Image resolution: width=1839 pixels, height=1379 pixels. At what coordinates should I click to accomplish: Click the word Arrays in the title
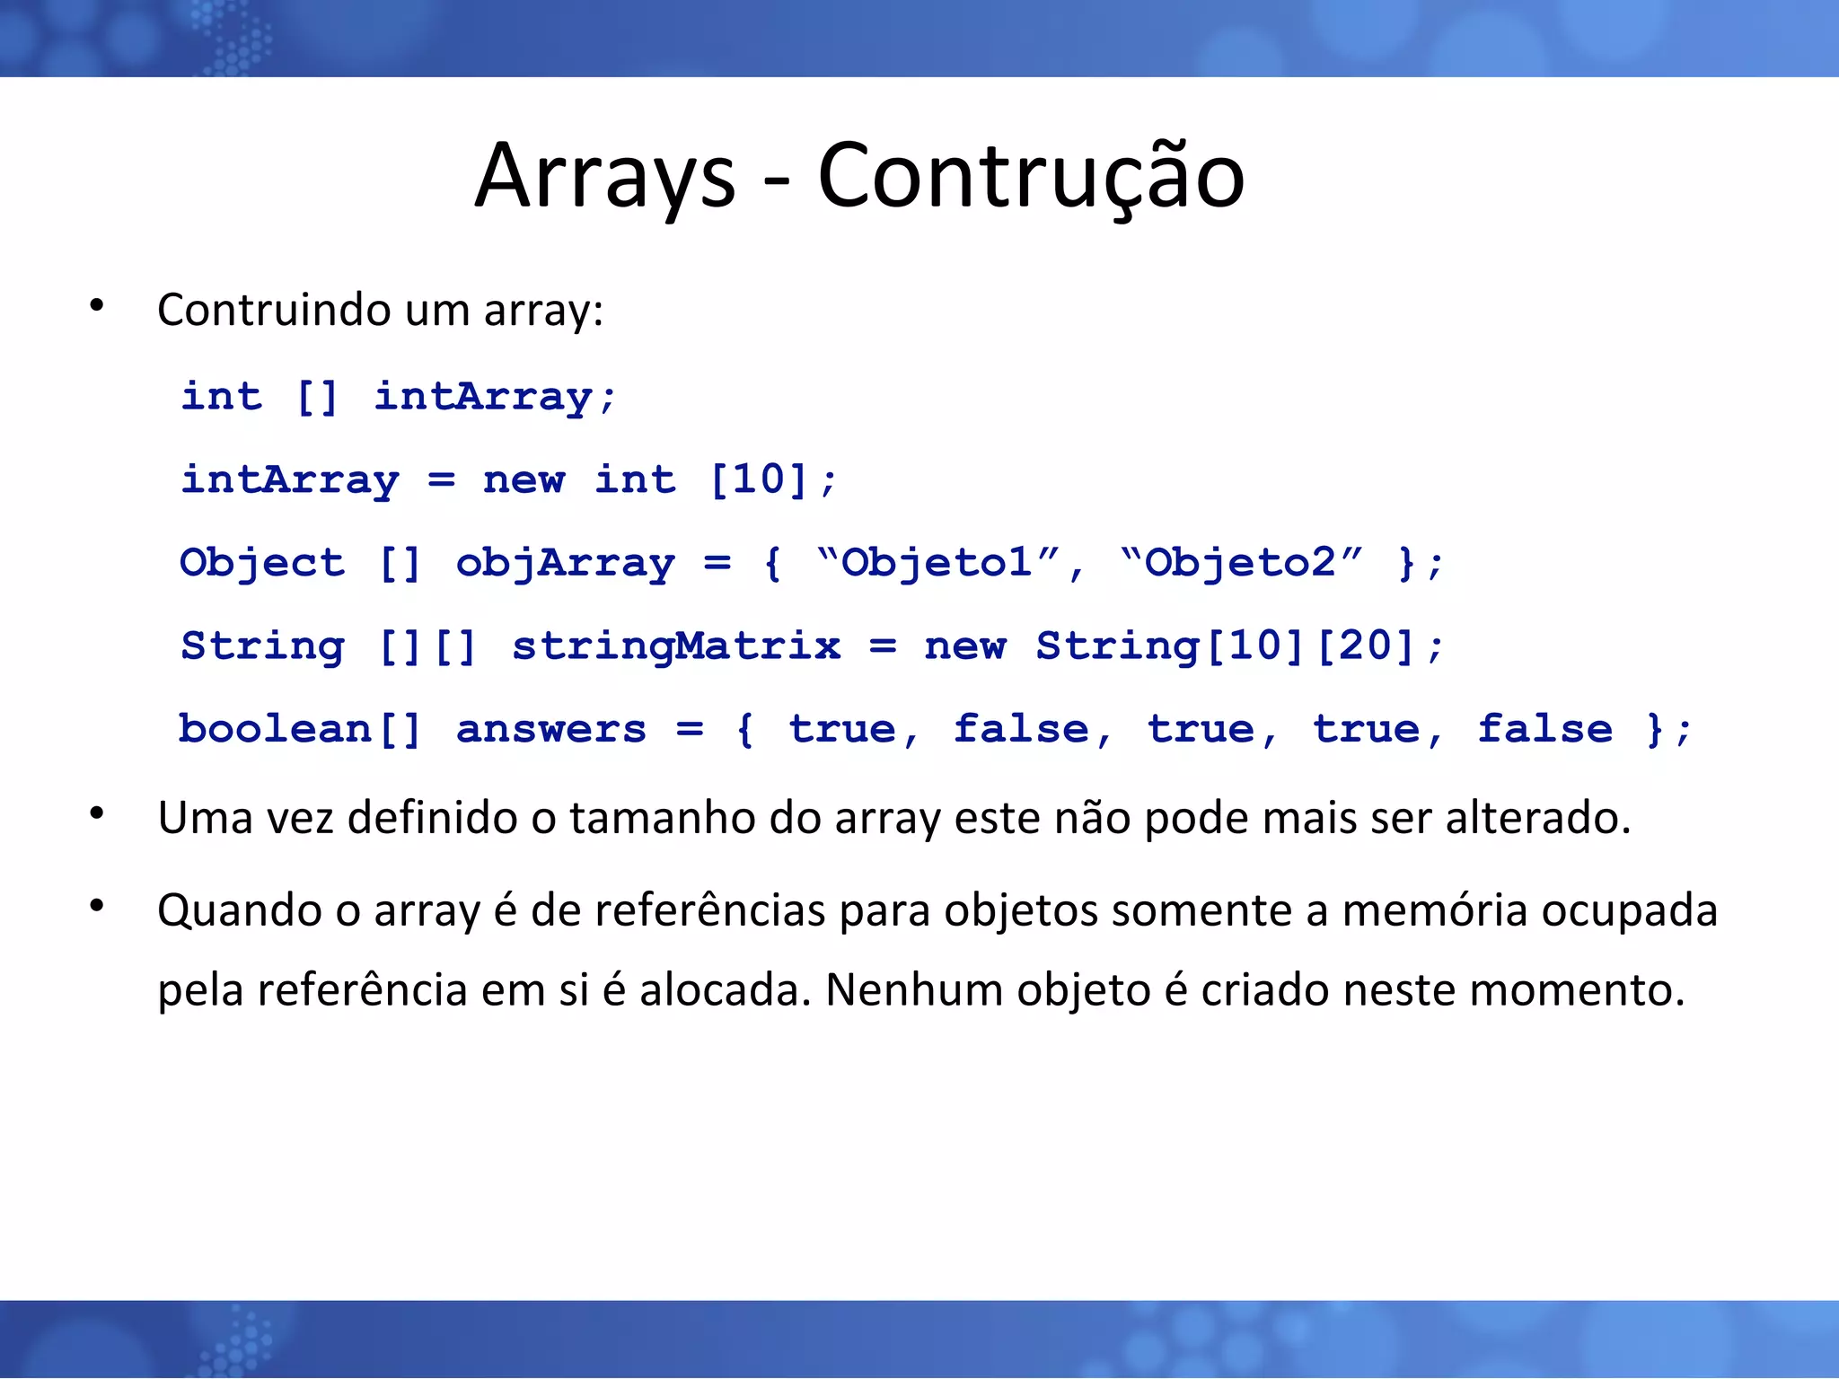coord(604,176)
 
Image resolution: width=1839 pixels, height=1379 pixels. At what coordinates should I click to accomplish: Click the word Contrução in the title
coord(1030,176)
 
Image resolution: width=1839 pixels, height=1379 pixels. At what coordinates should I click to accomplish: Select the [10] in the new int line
coord(759,479)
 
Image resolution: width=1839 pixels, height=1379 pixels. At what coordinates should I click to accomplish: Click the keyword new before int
coord(524,479)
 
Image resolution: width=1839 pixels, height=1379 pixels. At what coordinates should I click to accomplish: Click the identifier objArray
coord(565,563)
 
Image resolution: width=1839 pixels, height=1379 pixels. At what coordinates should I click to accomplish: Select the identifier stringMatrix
coord(676,646)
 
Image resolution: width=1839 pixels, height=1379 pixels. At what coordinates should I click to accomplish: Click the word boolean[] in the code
coord(299,729)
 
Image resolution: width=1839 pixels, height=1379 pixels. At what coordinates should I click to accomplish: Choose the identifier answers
coord(550,729)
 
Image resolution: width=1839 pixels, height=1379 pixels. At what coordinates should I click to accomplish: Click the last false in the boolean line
coord(1544,729)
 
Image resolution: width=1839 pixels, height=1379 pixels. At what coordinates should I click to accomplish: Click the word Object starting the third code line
coord(261,563)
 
